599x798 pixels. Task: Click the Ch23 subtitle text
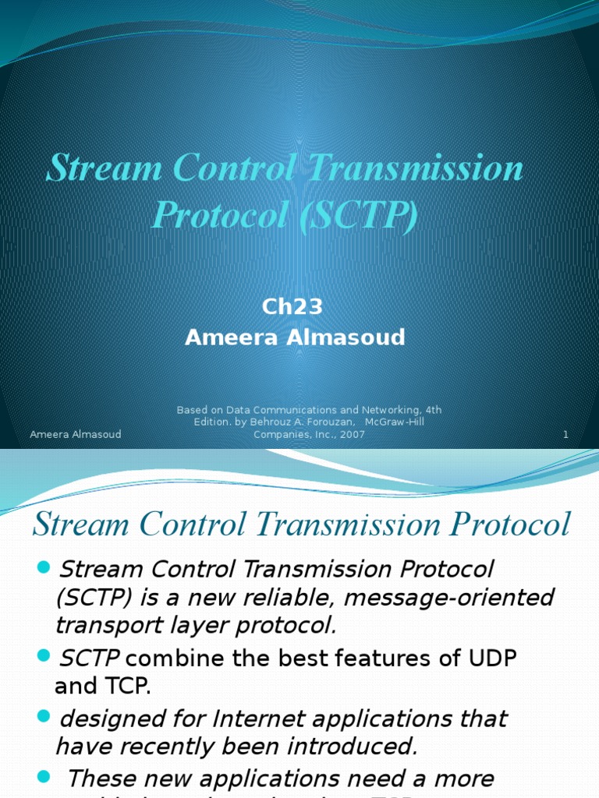coord(292,306)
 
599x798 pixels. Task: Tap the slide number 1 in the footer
coord(565,434)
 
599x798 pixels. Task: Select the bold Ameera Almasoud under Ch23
coord(295,337)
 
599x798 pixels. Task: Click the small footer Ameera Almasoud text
coord(75,434)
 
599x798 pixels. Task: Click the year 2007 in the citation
coord(352,434)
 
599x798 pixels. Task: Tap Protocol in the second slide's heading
coord(502,524)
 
